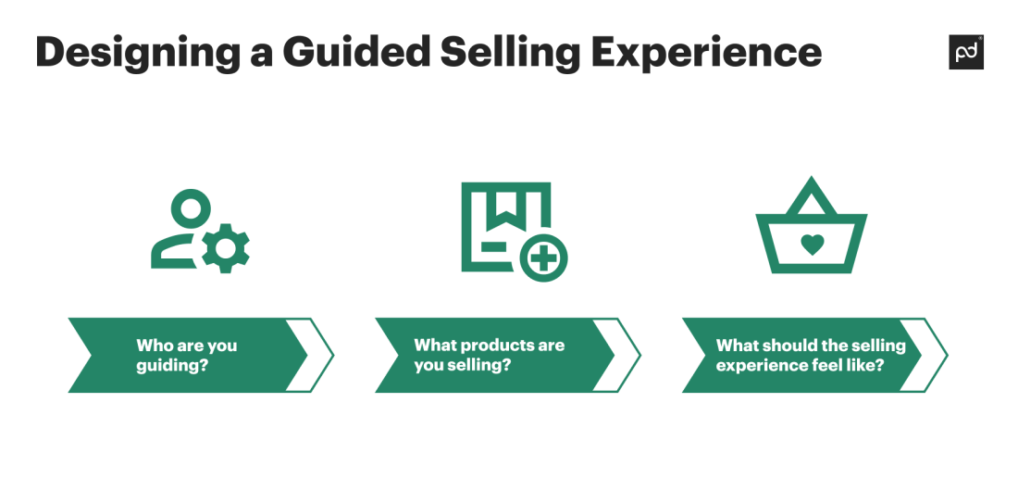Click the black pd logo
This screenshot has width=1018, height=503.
click(966, 53)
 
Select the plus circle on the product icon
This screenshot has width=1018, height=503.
click(543, 257)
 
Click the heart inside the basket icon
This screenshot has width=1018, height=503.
click(812, 245)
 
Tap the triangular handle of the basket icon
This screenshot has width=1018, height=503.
click(812, 196)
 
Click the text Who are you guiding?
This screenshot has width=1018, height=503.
click(186, 355)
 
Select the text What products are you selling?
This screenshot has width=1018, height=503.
click(489, 355)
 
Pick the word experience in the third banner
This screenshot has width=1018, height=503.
click(751, 365)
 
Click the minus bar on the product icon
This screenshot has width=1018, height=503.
click(493, 246)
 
